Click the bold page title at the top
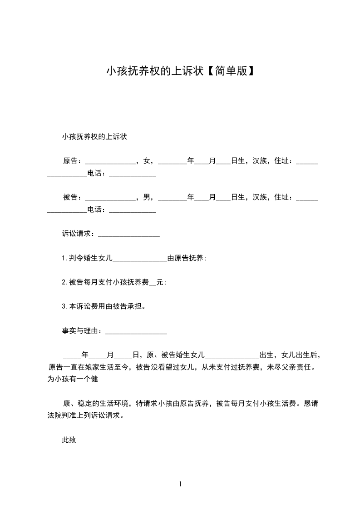[x=180, y=71]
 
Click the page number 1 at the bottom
[x=180, y=484]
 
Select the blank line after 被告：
[x=110, y=198]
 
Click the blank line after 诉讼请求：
[x=128, y=235]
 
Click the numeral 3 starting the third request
[x=64, y=306]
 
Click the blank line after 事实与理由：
[x=136, y=332]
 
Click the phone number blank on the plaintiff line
[x=133, y=174]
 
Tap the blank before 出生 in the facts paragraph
[x=232, y=356]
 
